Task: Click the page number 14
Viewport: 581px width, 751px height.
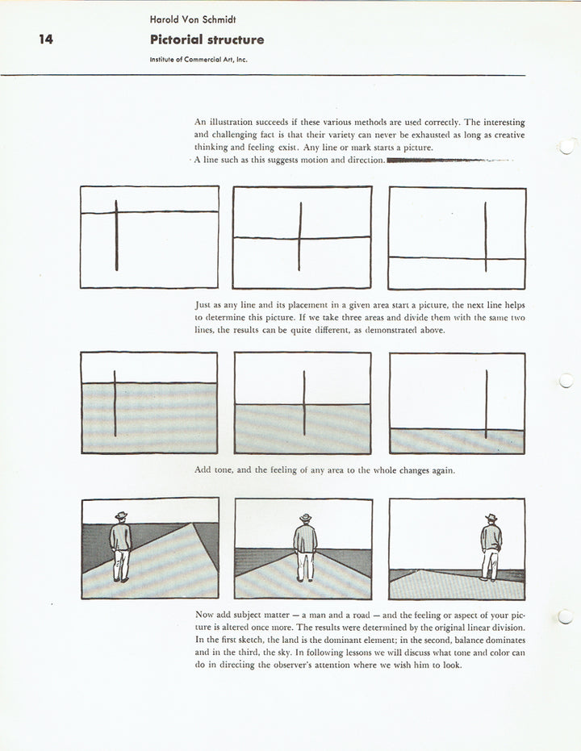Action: (46, 39)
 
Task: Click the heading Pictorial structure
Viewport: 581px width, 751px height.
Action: (207, 40)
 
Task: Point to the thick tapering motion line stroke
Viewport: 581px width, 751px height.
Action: (436, 161)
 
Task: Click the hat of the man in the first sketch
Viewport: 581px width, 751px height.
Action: (121, 515)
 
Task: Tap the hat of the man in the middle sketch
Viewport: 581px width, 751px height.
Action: (305, 518)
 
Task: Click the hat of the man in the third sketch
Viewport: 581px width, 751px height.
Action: (491, 518)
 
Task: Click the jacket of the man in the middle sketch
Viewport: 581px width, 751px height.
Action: (305, 538)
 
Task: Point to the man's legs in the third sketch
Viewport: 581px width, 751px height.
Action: (490, 565)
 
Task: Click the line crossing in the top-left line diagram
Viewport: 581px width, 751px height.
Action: (116, 212)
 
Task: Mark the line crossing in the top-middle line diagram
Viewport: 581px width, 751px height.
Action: (299, 238)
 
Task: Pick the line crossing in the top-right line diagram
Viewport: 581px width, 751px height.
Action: (485, 258)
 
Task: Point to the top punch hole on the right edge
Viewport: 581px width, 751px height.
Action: (567, 146)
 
